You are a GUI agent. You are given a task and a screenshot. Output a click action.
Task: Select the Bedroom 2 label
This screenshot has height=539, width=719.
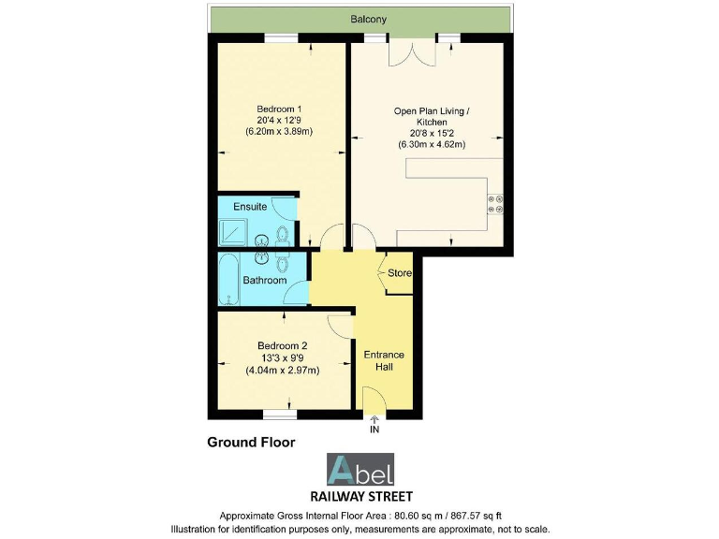point(282,345)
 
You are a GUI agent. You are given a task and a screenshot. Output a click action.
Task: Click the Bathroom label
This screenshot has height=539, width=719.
point(264,280)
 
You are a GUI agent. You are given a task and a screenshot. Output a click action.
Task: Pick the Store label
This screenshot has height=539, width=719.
point(400,273)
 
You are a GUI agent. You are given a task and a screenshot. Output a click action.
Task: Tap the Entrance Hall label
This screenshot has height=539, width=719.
point(384,360)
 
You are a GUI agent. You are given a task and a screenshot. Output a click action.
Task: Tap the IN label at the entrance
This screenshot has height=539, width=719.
point(374,430)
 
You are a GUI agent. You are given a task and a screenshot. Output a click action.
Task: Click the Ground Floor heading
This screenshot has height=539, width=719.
point(251,442)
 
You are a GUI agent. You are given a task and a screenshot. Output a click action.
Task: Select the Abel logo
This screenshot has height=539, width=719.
point(359,469)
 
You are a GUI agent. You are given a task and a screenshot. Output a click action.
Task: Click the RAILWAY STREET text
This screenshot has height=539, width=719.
point(359,496)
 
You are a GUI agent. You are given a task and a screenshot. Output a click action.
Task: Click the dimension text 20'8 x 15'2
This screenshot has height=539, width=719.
point(432,133)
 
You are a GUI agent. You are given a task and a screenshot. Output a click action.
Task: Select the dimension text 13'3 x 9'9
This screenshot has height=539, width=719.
point(282,357)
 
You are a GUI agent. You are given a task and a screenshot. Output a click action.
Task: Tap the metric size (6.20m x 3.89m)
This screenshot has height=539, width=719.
point(278,132)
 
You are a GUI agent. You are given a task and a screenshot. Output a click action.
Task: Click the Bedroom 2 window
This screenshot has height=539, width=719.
point(278,413)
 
